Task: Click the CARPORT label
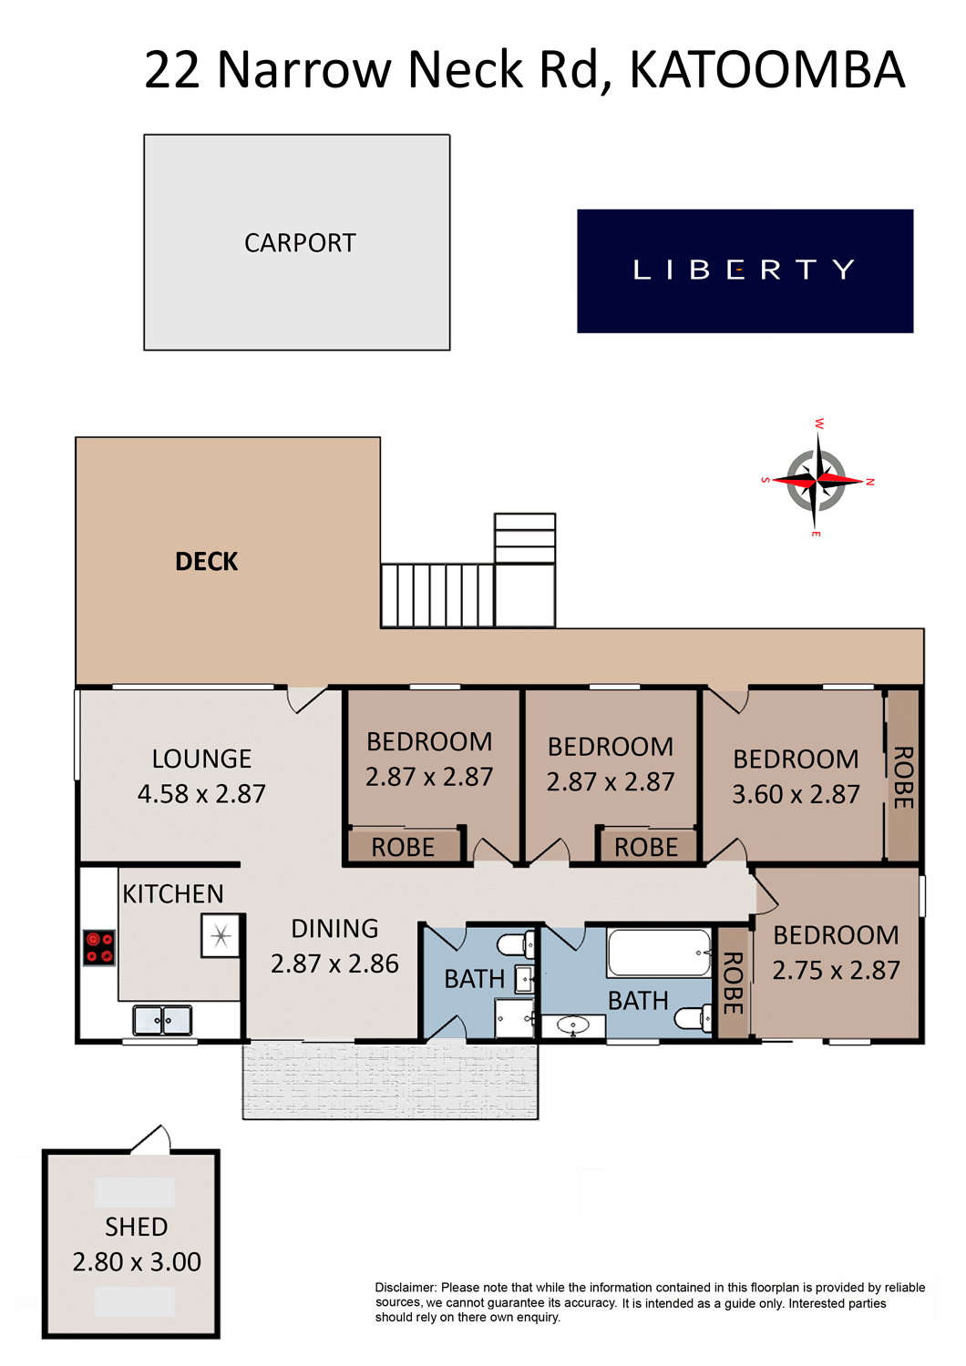point(300,243)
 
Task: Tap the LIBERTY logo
point(745,270)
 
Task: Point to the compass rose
point(817,478)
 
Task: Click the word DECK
point(206,562)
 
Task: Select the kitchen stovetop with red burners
point(98,948)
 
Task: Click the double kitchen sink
point(162,1020)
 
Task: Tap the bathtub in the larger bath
point(659,953)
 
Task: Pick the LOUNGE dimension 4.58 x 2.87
point(201,794)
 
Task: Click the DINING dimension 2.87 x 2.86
point(334,963)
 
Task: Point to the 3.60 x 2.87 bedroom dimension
point(796,794)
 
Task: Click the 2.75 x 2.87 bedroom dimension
point(836,970)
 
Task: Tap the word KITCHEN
point(173,894)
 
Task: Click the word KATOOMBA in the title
point(767,70)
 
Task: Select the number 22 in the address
point(171,70)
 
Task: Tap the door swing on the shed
point(150,1139)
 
